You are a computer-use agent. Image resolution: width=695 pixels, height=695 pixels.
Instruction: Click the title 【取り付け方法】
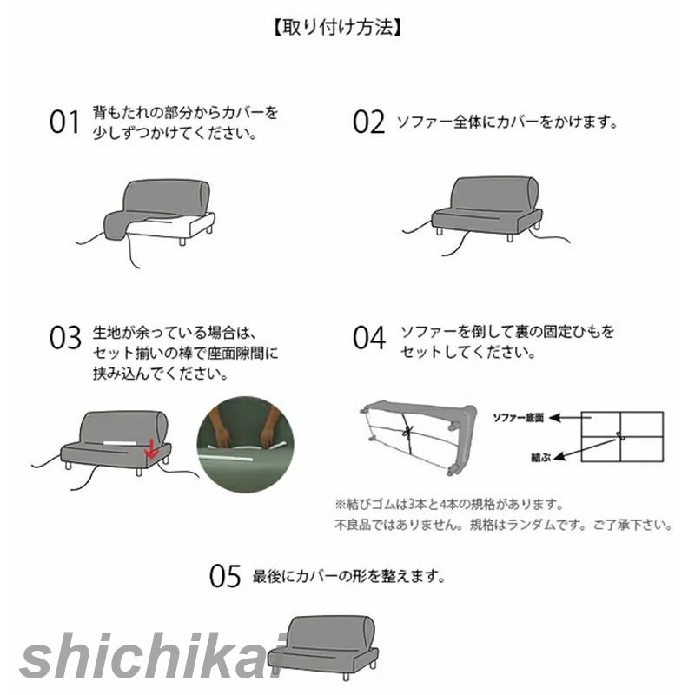pyautogui.click(x=338, y=29)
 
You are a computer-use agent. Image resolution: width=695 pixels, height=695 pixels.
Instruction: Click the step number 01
pyautogui.click(x=64, y=122)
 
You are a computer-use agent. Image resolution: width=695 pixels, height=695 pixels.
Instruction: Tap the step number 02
pyautogui.click(x=368, y=122)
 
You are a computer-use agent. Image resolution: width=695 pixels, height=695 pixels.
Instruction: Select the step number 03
pyautogui.click(x=65, y=338)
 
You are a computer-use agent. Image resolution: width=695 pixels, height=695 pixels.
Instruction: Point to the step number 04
pyautogui.click(x=369, y=338)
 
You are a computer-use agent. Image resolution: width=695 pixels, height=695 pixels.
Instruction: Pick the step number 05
pyautogui.click(x=225, y=576)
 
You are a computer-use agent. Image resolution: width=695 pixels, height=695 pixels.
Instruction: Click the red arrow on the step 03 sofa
pyautogui.click(x=150, y=449)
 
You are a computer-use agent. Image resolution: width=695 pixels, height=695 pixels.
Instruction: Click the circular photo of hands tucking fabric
pyautogui.click(x=245, y=445)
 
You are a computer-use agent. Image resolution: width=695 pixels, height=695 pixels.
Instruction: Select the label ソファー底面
pyautogui.click(x=518, y=418)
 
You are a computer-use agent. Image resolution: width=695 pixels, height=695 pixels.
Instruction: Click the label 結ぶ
pyautogui.click(x=540, y=457)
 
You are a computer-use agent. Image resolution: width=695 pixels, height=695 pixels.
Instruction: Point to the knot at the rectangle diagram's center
pyautogui.click(x=620, y=436)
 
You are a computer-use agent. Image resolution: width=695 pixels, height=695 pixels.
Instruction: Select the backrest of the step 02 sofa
pyautogui.click(x=494, y=193)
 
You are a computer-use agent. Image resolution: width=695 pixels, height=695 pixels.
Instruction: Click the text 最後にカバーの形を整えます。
pyautogui.click(x=349, y=576)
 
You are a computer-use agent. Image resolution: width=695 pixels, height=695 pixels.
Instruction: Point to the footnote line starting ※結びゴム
pyautogui.click(x=449, y=504)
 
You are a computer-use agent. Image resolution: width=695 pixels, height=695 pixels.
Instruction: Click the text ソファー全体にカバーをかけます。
pyautogui.click(x=507, y=122)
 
